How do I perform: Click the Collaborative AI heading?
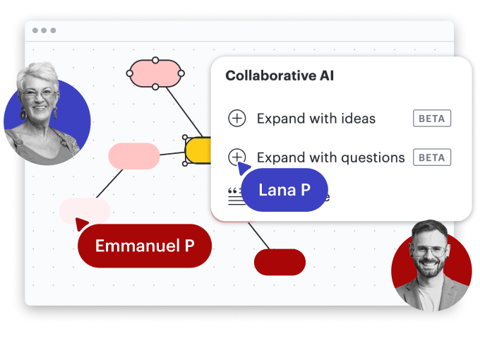pyautogui.click(x=280, y=76)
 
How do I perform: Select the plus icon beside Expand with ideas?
pyautogui.click(x=237, y=119)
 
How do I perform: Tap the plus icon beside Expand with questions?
pyautogui.click(x=237, y=157)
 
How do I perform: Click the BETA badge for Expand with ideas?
pyautogui.click(x=432, y=119)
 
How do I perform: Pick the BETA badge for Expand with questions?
pyautogui.click(x=432, y=157)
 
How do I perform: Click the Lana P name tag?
pyautogui.click(x=284, y=190)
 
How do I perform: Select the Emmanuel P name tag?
pyautogui.click(x=145, y=246)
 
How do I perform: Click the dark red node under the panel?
pyautogui.click(x=280, y=262)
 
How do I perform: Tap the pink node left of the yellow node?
pyautogui.click(x=133, y=156)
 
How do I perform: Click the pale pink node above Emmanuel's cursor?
pyautogui.click(x=85, y=210)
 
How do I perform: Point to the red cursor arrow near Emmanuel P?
pyautogui.click(x=81, y=224)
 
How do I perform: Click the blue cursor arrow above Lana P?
pyautogui.click(x=244, y=167)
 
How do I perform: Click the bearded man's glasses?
pyautogui.click(x=431, y=250)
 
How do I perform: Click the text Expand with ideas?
pyautogui.click(x=316, y=119)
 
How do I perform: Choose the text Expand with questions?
pyautogui.click(x=330, y=157)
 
